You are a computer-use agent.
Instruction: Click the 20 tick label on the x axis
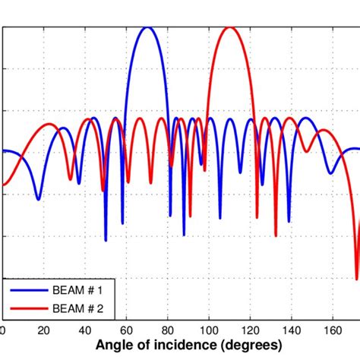(43, 330)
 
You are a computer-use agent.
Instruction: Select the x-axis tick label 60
(125, 330)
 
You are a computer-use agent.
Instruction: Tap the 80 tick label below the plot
(167, 330)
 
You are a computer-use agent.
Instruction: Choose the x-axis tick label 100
(208, 330)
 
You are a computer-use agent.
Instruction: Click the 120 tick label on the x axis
(250, 330)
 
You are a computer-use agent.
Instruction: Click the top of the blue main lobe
(148, 28)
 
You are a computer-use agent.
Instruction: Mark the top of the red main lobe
(229, 28)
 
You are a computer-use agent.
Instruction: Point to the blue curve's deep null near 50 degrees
(106, 240)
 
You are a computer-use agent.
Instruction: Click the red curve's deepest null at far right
(357, 277)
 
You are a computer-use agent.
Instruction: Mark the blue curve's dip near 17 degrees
(38, 199)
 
